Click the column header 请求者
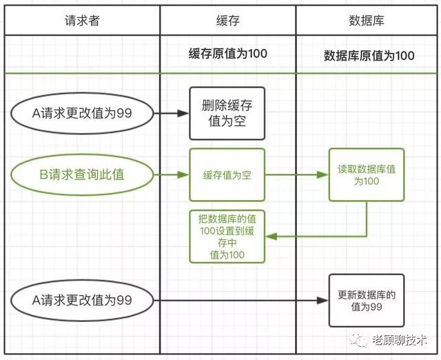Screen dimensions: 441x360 click(82, 21)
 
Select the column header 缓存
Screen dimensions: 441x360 click(228, 21)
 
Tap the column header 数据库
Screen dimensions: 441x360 click(367, 21)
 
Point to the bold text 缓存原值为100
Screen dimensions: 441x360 click(228, 54)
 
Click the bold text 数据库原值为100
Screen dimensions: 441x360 click(369, 55)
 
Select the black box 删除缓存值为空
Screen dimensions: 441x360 click(227, 113)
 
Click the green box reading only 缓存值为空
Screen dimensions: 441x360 click(227, 174)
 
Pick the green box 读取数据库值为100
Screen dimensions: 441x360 click(367, 174)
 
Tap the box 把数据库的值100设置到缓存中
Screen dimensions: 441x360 click(227, 237)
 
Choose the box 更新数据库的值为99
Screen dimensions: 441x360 click(367, 301)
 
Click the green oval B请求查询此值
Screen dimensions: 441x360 click(82, 174)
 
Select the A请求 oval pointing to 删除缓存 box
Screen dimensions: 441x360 click(82, 113)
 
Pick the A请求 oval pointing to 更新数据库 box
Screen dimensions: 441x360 click(82, 301)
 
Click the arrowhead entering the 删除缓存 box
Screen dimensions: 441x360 click(183, 113)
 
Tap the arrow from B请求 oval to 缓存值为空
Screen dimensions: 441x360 click(172, 174)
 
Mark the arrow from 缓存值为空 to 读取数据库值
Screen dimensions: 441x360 click(297, 174)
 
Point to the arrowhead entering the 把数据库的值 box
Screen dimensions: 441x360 click(271, 237)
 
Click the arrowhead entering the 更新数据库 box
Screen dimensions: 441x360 click(322, 301)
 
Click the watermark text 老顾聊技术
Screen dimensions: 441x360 click(400, 340)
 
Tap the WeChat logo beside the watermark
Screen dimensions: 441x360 click(358, 340)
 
